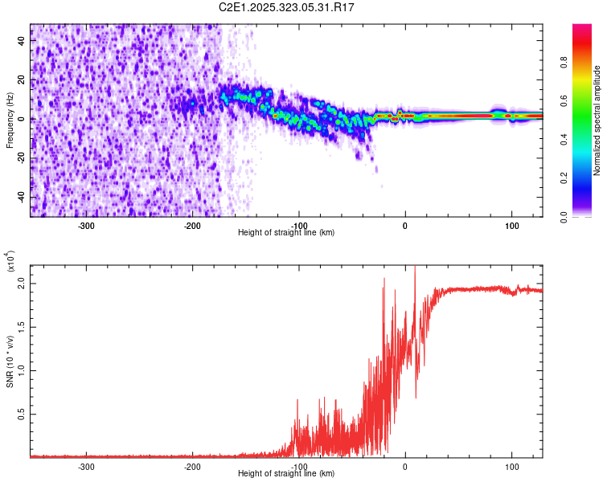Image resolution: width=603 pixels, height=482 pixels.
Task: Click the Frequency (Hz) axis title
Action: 10,119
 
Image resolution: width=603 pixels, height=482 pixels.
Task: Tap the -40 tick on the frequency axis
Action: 22,197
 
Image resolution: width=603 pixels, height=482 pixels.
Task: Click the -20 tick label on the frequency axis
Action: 22,157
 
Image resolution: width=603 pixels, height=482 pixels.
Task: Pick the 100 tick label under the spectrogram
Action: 511,226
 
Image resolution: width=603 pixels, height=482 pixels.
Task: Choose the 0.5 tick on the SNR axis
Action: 22,413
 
